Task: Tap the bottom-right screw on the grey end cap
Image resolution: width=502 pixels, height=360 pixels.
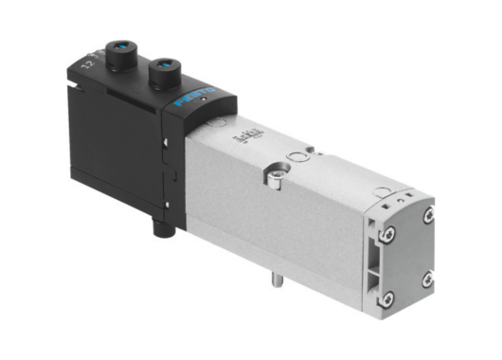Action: pyautogui.click(x=428, y=278)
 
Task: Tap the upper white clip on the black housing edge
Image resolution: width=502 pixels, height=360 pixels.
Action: pyautogui.click(x=166, y=141)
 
